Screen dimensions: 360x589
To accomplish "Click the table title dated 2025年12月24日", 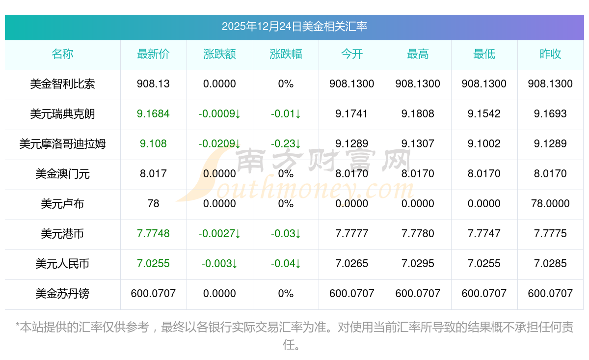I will coord(294,27).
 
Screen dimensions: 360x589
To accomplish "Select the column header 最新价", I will coord(153,55).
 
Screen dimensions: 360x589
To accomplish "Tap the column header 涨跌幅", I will coord(286,55).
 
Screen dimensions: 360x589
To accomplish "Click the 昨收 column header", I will coord(550,55).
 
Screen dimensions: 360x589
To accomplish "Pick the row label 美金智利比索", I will coord(62,84).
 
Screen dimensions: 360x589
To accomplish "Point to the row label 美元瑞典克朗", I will coord(62,114).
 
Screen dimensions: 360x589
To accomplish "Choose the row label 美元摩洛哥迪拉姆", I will coord(62,144).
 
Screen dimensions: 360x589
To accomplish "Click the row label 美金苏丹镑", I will coord(62,294).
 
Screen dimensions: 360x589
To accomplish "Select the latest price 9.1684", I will coord(153,114).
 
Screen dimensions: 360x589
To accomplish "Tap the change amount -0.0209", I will coord(219,144).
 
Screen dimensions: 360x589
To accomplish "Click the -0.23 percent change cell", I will coord(286,144).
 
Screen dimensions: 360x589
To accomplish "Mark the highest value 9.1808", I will coord(418,114).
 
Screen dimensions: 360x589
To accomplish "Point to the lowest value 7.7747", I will coord(484,234).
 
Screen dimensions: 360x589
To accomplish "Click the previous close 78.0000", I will coord(550,204).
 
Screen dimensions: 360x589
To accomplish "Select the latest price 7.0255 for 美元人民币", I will coord(153,264).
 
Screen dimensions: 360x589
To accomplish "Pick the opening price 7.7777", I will coord(352,234).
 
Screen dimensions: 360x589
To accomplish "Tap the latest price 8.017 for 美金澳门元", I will coord(153,174).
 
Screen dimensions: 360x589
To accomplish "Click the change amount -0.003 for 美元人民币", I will coord(219,264).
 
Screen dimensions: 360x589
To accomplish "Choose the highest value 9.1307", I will coord(418,144).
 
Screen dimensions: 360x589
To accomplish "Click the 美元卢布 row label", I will coord(62,204).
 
